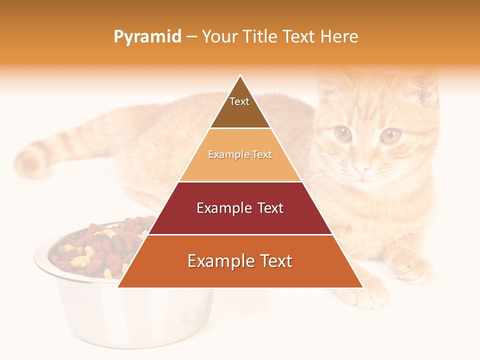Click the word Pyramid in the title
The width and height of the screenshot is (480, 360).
147,37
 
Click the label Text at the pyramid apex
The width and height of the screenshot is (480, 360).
239,101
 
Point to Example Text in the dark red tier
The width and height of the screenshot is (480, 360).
240,208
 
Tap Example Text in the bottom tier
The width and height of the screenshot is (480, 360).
240,261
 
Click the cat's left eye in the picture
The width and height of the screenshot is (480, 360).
343,133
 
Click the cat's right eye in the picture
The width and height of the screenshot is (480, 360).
390,135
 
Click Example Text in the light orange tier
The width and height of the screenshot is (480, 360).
240,154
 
